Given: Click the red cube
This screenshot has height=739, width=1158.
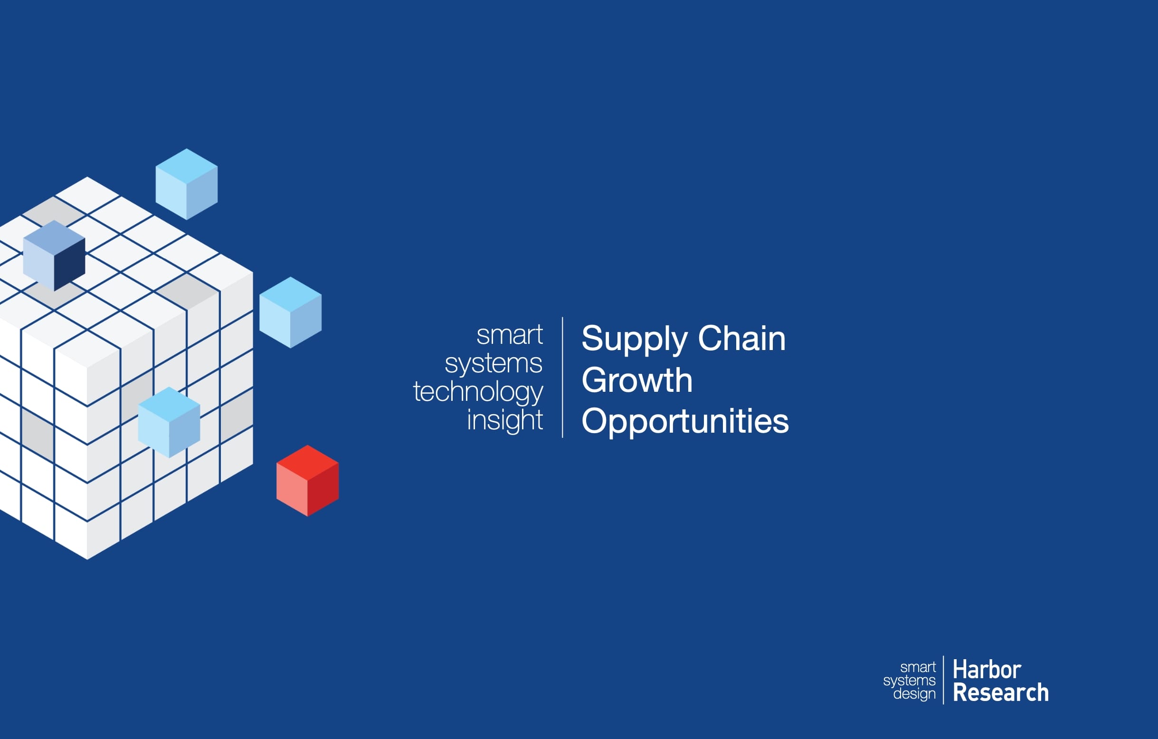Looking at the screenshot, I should point(307,480).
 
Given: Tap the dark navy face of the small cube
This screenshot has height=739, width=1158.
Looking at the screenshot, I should point(70,265).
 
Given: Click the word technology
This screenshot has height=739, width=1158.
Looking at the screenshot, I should point(478,392).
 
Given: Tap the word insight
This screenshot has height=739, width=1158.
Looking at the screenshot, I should point(504,420).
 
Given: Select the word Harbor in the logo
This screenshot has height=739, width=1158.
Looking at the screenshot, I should point(987,669).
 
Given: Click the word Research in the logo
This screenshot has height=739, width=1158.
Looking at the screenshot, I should point(1000,693).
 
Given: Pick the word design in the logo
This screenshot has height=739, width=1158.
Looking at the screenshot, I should point(914,694).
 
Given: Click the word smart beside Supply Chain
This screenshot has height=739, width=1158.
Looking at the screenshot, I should point(509,335).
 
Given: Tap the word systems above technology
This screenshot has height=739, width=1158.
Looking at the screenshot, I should point(494,363).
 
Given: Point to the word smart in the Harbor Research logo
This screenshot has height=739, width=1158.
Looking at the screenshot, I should point(918,667).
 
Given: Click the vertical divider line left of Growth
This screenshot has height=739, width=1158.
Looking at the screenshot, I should point(562,378).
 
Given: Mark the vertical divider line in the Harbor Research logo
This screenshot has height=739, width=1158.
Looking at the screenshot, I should point(943,680).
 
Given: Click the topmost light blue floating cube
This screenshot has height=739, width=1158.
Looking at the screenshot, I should point(187,184).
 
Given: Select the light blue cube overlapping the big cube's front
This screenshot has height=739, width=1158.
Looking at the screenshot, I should point(169,422).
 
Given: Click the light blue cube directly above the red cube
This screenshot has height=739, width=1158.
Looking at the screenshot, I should point(291,313).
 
